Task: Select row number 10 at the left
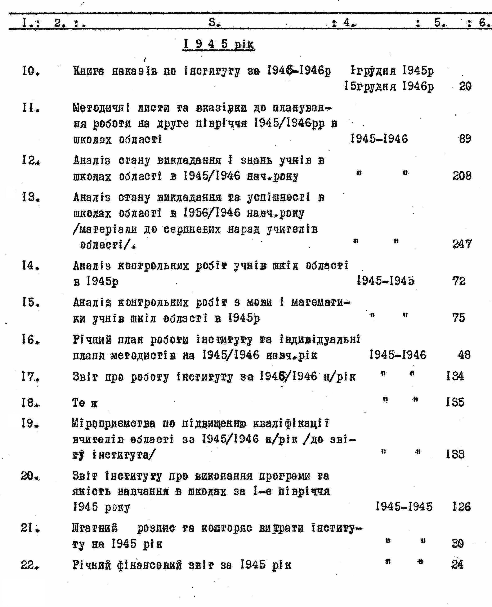30,71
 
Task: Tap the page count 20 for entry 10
465,86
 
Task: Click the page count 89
465,139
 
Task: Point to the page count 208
462,176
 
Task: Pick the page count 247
462,244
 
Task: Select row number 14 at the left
30,266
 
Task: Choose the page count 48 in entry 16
464,355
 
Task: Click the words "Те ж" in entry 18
85,403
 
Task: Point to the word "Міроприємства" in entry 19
113,424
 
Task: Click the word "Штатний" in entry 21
95,528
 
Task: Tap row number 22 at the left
30,565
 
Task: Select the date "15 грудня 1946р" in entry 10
389,86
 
